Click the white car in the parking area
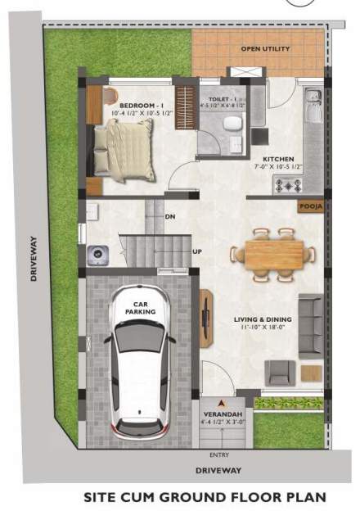(x=140, y=364)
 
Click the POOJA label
(x=310, y=207)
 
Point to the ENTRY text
(x=219, y=454)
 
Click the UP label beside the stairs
(x=197, y=251)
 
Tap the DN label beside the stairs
(x=170, y=217)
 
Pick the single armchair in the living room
(x=279, y=373)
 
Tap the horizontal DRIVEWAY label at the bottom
(x=218, y=471)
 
